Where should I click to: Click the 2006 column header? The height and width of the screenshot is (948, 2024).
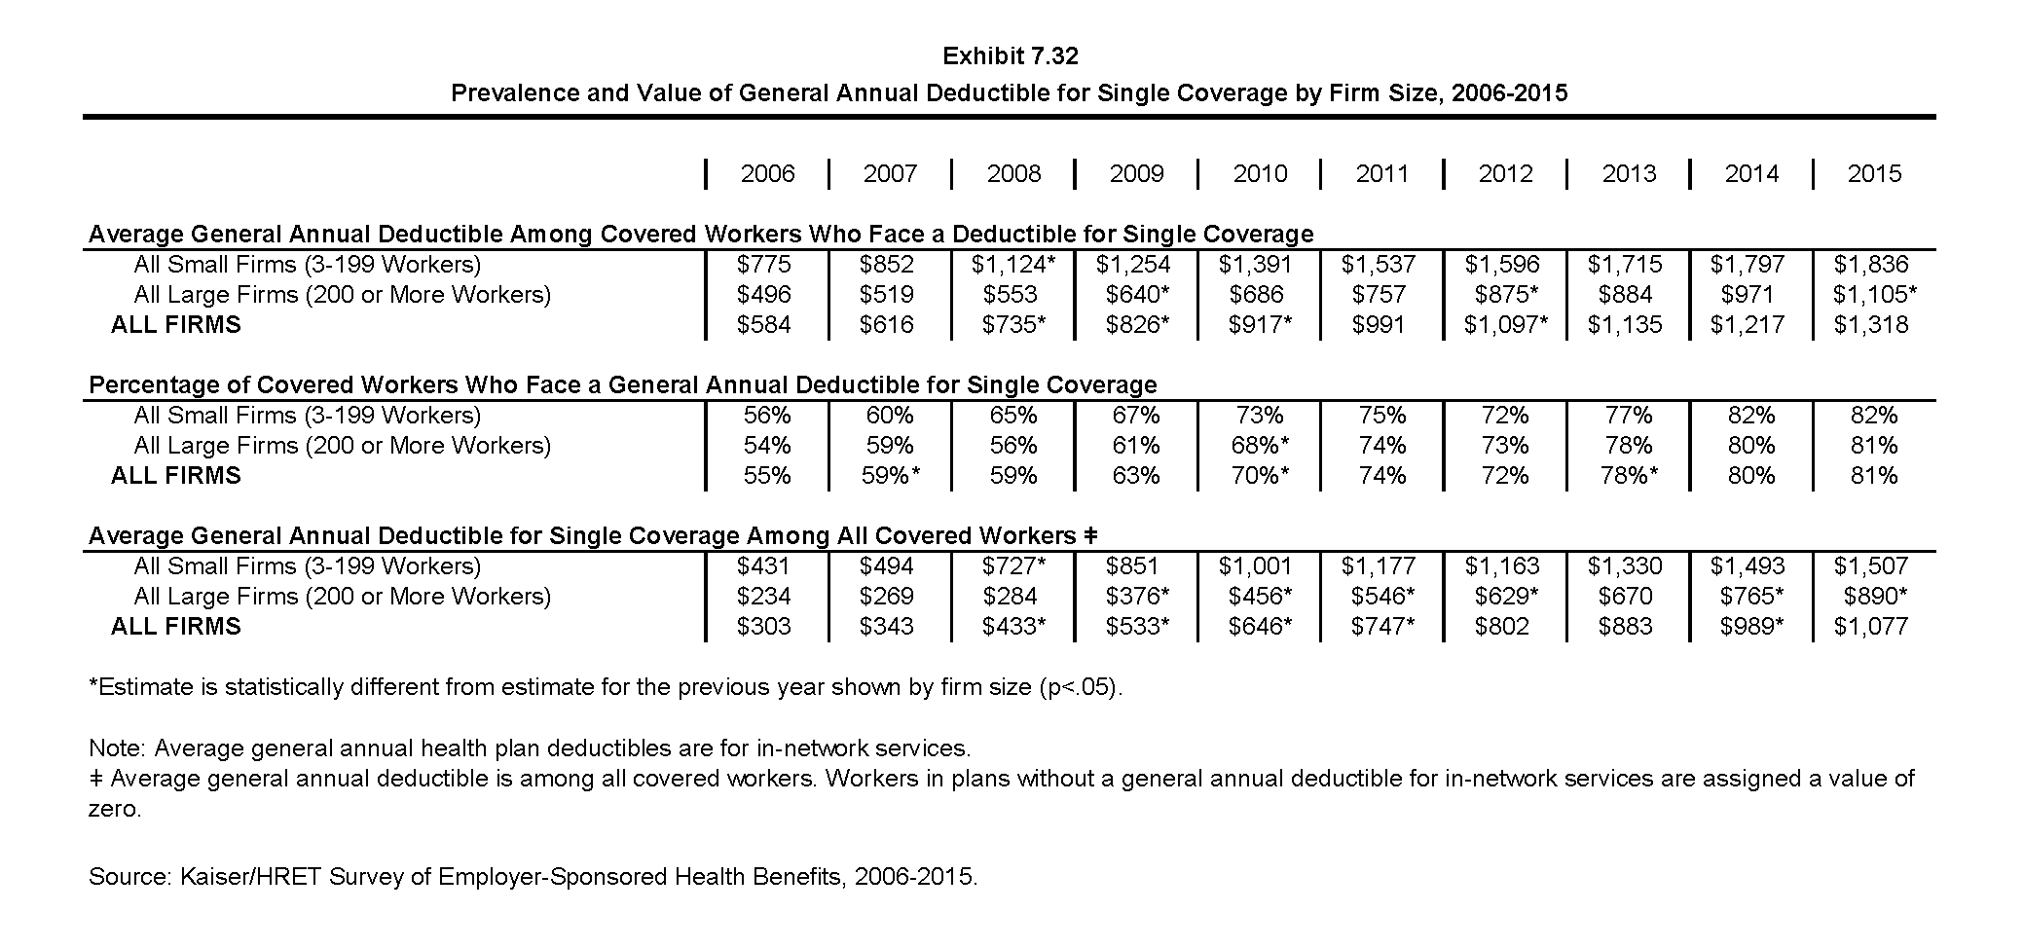[767, 174]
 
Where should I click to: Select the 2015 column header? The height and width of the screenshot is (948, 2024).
[1874, 174]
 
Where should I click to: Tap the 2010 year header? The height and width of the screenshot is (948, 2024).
[1260, 174]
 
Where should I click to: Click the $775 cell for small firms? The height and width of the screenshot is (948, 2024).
[764, 265]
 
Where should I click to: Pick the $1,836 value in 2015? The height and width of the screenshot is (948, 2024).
[1871, 265]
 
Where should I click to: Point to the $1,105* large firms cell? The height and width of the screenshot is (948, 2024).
[1875, 295]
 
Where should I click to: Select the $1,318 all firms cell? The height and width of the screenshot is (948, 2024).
[1871, 325]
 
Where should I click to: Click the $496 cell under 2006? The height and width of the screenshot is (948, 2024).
[764, 295]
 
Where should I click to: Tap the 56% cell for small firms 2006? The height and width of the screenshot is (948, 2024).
[767, 416]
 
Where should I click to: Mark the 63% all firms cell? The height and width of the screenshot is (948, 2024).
[1136, 476]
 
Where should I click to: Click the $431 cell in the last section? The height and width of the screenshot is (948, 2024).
[764, 566]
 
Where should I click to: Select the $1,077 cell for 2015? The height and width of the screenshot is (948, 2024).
[1871, 627]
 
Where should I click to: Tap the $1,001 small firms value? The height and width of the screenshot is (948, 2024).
[1256, 566]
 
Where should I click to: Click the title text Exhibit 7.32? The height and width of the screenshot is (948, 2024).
[1011, 56]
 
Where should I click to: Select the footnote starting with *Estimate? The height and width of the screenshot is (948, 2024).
[606, 687]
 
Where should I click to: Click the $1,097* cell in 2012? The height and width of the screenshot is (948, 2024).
[1506, 325]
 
